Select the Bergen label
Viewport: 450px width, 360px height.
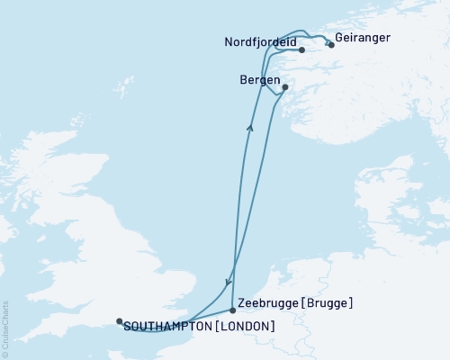260,80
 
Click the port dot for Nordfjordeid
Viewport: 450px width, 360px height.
302,49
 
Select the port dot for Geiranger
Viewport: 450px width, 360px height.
331,44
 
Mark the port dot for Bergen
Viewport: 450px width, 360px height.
284,87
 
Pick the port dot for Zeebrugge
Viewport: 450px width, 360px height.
233,310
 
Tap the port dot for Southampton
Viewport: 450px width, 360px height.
119,320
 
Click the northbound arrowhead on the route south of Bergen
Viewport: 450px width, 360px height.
249,127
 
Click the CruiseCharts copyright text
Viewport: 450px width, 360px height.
5,328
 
